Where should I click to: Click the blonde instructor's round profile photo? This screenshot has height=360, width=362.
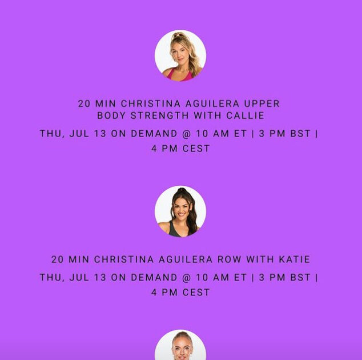point(180,55)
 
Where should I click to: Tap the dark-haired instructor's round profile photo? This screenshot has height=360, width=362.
point(180,211)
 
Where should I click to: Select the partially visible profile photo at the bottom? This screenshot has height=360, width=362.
point(180,346)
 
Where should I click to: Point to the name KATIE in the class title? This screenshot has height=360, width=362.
point(295,259)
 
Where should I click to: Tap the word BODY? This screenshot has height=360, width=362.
point(112,115)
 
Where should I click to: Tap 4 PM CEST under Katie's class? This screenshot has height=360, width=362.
point(180,293)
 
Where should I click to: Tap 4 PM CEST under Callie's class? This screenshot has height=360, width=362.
point(180,149)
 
